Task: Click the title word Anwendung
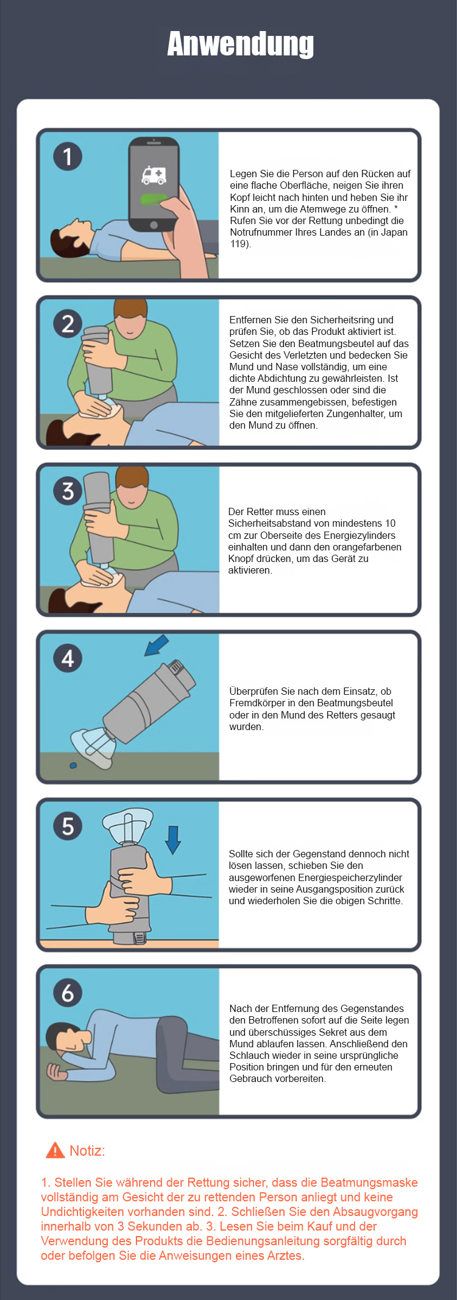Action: coord(241,44)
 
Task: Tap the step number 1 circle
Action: coord(68,156)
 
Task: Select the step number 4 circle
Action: coord(68,658)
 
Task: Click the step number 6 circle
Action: coord(68,993)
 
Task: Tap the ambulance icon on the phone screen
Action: coord(154,175)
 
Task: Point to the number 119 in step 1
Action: coord(239,244)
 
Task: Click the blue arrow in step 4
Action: coord(157,645)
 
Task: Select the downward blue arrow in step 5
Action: coord(173,840)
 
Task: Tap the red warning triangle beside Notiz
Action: coord(55,1150)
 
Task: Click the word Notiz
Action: coord(87,1151)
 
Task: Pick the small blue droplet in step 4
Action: coord(73,765)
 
